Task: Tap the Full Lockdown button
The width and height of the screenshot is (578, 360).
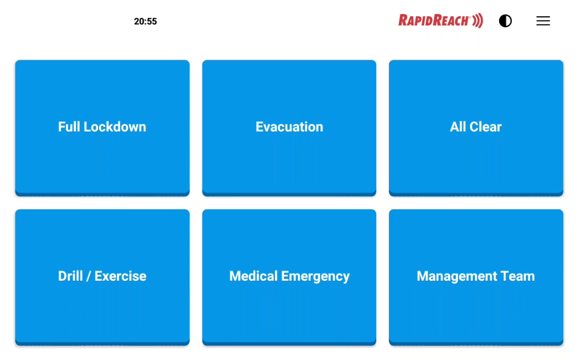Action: click(x=102, y=128)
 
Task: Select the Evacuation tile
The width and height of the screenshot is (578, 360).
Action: click(x=289, y=128)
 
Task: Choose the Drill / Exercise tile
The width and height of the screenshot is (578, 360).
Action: click(x=102, y=277)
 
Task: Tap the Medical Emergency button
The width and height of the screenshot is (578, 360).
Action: click(x=289, y=277)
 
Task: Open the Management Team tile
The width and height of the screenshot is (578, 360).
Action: click(x=476, y=277)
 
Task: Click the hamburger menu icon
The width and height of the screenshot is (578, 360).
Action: click(x=543, y=21)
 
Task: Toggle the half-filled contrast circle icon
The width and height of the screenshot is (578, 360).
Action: click(x=505, y=21)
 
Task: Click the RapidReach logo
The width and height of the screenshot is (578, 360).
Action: click(x=440, y=21)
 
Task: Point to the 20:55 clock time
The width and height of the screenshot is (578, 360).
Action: click(x=145, y=21)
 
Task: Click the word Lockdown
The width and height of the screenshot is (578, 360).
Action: click(x=115, y=127)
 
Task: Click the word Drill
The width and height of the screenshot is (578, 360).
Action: click(x=70, y=276)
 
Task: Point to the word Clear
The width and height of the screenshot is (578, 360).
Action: click(x=485, y=127)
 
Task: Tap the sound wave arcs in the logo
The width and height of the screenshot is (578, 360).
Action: click(x=478, y=21)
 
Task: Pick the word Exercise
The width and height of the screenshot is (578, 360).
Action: click(x=120, y=276)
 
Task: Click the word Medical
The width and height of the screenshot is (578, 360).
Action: click(x=253, y=276)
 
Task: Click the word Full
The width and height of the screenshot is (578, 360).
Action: click(x=69, y=127)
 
